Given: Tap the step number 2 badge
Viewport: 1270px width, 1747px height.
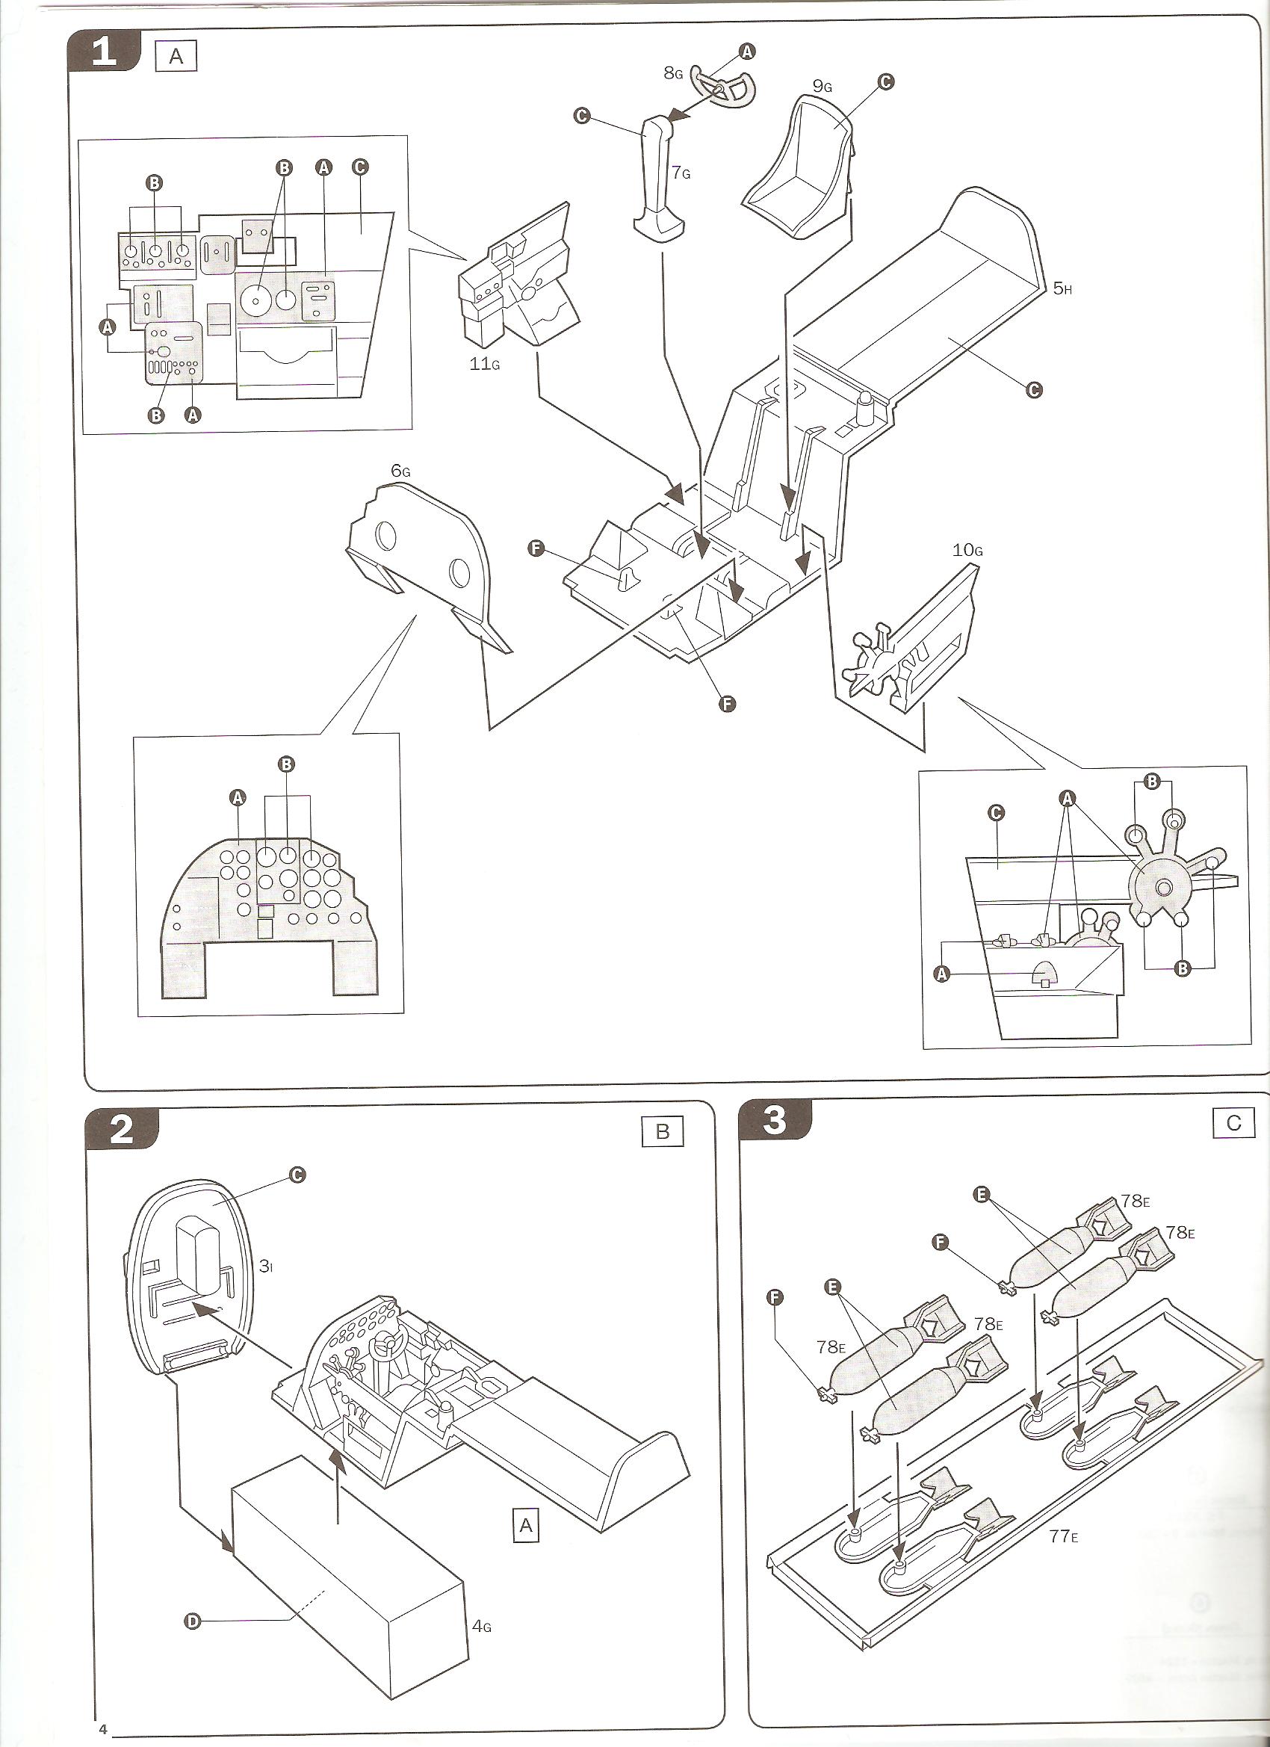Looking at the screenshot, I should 121,1130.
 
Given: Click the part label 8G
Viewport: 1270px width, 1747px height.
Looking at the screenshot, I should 673,74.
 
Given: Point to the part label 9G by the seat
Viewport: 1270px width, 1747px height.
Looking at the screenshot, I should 823,86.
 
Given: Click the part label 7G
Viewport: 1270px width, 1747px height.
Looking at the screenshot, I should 681,173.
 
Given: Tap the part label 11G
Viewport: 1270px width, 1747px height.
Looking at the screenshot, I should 484,364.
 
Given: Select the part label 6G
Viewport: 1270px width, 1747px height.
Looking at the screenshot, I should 400,471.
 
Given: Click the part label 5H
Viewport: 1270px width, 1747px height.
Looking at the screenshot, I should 1062,289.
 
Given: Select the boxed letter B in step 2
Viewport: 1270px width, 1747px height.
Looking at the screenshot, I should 663,1131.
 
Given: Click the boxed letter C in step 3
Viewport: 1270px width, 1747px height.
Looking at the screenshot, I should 1233,1123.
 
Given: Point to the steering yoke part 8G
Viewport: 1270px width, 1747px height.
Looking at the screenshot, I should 723,86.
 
